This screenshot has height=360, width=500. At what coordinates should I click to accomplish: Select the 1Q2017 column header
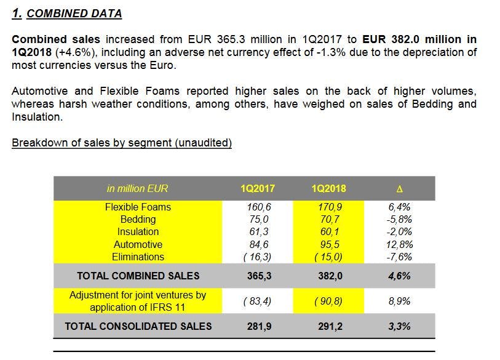point(258,188)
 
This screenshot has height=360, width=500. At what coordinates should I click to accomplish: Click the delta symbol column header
point(399,188)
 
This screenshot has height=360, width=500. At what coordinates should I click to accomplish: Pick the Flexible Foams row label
point(138,207)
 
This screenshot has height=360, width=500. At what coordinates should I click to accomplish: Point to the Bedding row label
point(138,219)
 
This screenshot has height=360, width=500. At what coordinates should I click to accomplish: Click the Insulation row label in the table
point(138,231)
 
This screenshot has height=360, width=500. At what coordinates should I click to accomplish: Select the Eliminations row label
point(138,257)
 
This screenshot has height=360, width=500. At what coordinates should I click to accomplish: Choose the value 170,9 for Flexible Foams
point(328,207)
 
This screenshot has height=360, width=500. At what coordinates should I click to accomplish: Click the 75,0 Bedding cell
point(258,219)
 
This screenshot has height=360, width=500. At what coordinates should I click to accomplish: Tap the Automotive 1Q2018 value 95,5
point(328,244)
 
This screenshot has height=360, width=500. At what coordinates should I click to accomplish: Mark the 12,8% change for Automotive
point(399,244)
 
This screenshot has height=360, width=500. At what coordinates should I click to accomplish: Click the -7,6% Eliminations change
point(399,257)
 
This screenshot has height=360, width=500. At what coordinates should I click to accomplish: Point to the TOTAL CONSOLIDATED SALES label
point(138,326)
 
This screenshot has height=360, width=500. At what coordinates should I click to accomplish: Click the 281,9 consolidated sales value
point(258,326)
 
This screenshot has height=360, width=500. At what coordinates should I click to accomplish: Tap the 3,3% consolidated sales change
point(399,326)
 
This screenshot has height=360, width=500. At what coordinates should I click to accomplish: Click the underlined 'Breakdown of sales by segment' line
point(122,143)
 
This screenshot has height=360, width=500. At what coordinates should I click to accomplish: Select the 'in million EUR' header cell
point(138,188)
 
